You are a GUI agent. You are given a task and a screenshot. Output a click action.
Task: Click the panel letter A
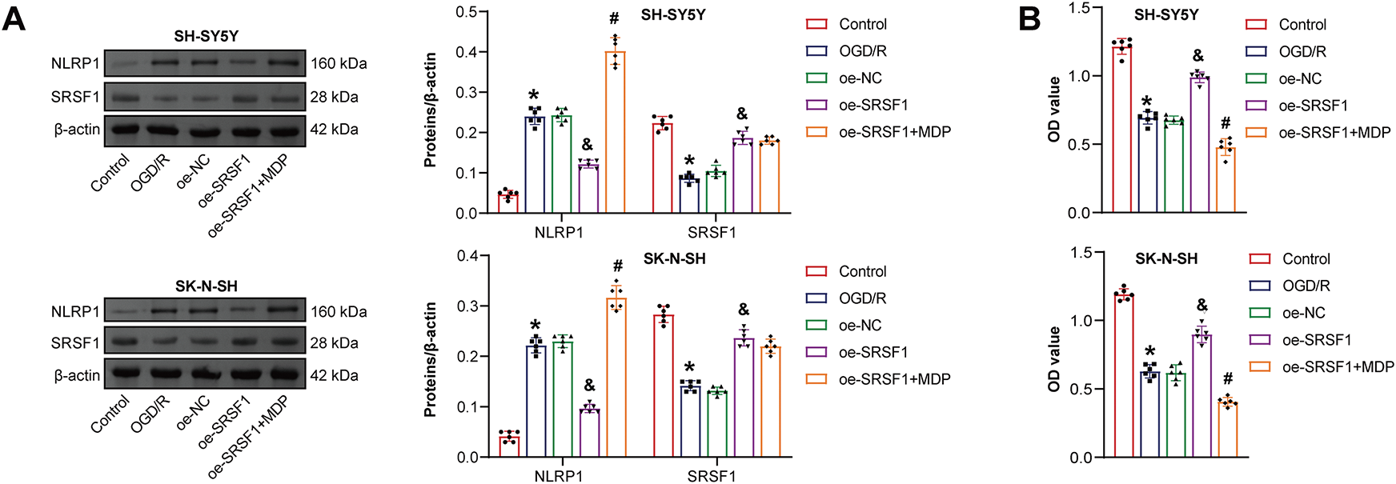click(14, 17)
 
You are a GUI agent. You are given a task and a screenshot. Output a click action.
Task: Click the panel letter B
click(1029, 17)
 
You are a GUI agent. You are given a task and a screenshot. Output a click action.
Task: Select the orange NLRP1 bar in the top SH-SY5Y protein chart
click(615, 132)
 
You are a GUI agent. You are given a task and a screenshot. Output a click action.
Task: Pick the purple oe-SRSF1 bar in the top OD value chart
click(1199, 145)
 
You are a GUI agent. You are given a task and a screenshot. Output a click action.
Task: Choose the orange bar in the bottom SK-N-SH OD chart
click(1227, 430)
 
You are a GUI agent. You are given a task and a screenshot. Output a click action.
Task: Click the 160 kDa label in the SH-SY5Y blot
click(339, 63)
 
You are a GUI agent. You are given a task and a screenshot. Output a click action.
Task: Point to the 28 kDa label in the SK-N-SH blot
click(335, 343)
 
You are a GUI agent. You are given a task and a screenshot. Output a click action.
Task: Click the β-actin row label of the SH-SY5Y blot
click(77, 130)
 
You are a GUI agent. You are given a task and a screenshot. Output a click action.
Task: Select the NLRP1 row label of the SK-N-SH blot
click(75, 311)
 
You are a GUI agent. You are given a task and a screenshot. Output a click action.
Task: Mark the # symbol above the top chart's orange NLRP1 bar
click(615, 18)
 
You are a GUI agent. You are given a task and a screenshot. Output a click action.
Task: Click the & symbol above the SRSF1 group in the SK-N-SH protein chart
click(744, 310)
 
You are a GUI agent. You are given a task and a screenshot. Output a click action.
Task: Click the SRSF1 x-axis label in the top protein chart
click(712, 233)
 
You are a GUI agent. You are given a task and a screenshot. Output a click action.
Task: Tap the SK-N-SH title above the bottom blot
click(207, 286)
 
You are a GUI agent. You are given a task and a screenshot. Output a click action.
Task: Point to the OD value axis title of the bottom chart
click(1054, 358)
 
